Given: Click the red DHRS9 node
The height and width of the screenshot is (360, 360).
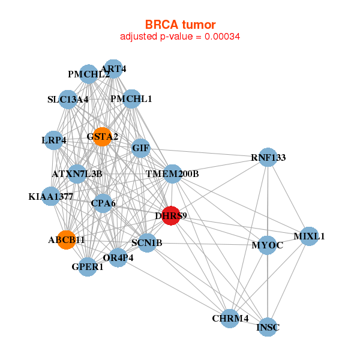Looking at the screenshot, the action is pos(171,215).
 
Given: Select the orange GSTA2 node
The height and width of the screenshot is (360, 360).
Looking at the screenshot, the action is pos(103,137).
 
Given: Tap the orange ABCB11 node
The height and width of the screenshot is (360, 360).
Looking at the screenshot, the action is pos(67,240).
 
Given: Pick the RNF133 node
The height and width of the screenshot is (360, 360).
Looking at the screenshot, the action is pos(268,157).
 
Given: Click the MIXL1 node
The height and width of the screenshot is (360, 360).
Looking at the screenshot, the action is pos(309,236).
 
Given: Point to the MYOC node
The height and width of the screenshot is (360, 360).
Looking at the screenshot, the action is pos(267,245).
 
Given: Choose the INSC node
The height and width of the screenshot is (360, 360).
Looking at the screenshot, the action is pos(268,327).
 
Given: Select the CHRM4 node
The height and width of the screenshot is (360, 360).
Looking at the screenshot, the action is pos(230,319).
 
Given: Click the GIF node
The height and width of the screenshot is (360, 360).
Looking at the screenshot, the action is pos(141,148).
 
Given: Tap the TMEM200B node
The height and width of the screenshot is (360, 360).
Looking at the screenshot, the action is pos(172,174).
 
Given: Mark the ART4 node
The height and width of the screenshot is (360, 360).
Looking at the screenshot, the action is pos(113,68).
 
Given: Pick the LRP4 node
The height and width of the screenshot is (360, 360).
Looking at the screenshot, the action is pos(54,140).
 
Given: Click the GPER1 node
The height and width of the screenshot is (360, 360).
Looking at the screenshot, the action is pos(88,267).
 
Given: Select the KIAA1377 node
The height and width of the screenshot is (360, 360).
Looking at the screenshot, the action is pos(51,196).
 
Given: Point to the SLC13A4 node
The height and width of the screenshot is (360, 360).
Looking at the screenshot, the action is pos(68,100).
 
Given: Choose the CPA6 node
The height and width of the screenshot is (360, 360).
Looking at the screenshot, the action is pos(103,203).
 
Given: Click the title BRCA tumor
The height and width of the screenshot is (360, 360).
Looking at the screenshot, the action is pos(180,25).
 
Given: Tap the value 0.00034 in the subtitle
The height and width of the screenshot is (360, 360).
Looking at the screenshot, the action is pos(222,37).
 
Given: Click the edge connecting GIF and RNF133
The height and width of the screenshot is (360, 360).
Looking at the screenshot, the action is pos(205,152).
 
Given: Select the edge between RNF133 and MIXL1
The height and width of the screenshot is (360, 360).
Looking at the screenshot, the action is pos(289,197).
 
